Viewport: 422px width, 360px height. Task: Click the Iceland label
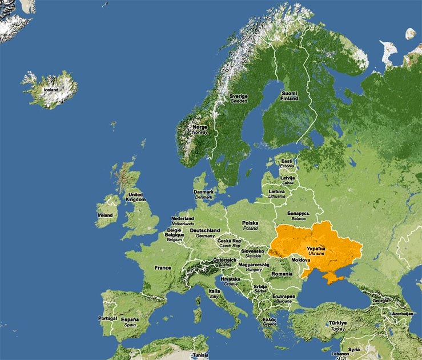tap(51, 90)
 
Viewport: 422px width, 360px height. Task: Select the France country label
tap(163, 267)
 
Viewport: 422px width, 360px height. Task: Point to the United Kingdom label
tap(136, 197)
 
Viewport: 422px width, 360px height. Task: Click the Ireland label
tap(105, 215)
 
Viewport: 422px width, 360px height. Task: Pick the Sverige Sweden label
tap(239, 99)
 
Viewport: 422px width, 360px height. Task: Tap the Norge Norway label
tap(200, 129)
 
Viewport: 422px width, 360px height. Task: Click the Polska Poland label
tap(250, 225)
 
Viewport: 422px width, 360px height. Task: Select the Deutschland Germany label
tap(205, 233)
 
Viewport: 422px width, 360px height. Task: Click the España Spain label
tap(130, 322)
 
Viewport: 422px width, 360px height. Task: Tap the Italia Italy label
tap(214, 294)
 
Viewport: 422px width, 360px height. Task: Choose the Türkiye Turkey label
tap(337, 325)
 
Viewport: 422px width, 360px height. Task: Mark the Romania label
tap(282, 274)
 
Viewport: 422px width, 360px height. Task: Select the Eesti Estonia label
tap(287, 163)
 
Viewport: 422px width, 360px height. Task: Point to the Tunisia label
tap(200, 354)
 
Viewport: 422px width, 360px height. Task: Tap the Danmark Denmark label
tap(204, 194)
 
